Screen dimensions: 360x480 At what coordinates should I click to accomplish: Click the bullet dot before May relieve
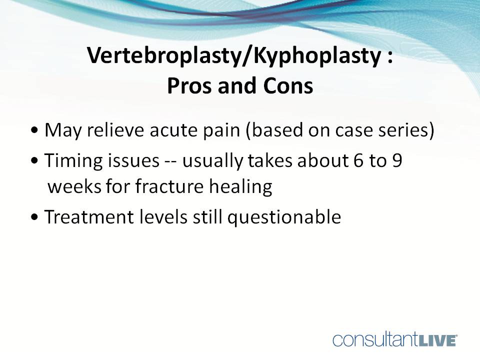click(x=33, y=132)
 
